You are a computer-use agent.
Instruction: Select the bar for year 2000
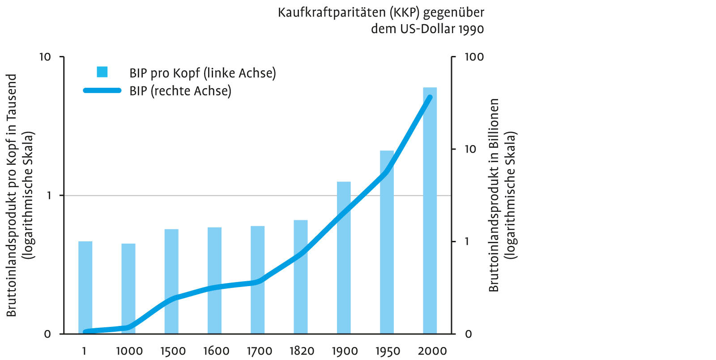point(430,210)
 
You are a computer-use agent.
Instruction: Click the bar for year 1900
point(344,257)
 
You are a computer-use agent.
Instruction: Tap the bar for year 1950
point(387,242)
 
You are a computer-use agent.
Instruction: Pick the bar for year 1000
point(128,289)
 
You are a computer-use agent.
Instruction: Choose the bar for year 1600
point(214,280)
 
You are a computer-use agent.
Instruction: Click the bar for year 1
point(85,287)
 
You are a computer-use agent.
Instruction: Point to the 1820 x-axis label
point(301,351)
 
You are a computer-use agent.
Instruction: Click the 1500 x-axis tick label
point(173,351)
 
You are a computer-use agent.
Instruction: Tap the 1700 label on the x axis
point(259,351)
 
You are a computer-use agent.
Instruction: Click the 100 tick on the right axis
point(474,57)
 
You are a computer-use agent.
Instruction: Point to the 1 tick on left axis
point(48,196)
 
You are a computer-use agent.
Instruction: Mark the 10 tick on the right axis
point(470,149)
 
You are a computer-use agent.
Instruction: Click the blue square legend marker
point(102,72)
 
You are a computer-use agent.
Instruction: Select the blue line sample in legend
point(102,90)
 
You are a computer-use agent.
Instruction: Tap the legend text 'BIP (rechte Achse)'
point(180,90)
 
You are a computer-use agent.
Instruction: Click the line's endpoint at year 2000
point(430,97)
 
